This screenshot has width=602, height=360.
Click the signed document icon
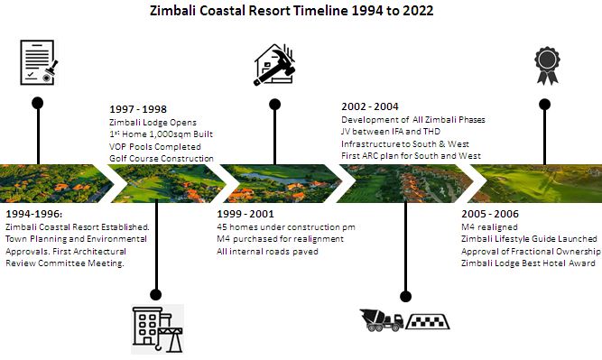click(x=37, y=65)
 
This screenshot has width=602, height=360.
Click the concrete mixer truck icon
click(x=381, y=320)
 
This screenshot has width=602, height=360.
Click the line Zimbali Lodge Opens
click(x=153, y=122)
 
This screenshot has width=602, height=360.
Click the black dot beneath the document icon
click(x=37, y=102)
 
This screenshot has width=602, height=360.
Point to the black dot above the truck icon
click(x=405, y=295)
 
